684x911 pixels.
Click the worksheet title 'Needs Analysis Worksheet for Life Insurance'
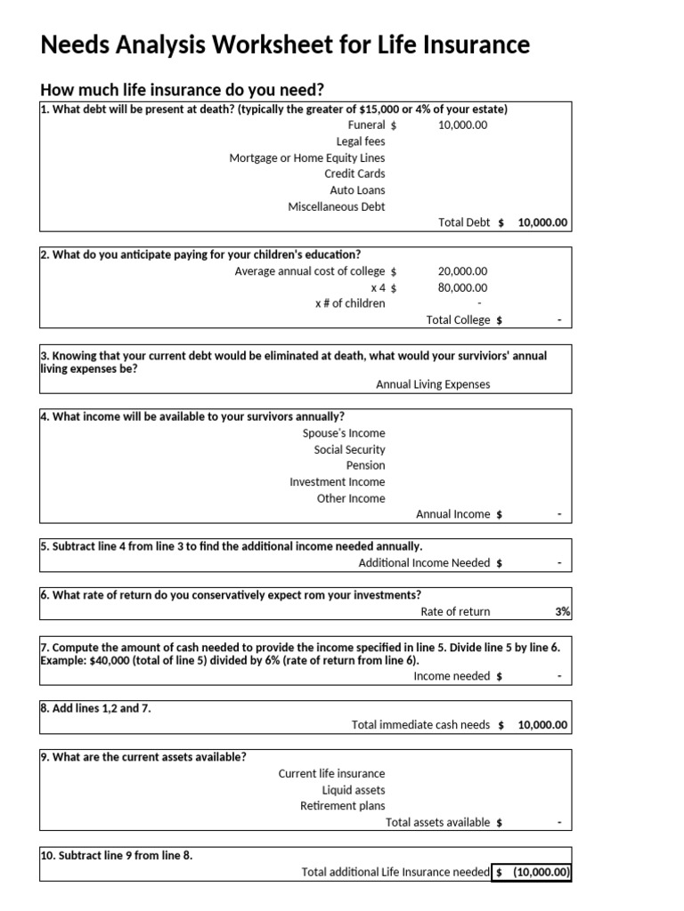285,44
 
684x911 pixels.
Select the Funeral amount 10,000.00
462,125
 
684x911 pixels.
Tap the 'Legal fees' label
361,141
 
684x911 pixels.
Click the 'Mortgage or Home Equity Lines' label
307,158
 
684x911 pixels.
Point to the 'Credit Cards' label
354,174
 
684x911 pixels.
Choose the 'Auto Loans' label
357,190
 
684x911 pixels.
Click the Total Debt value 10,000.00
542,223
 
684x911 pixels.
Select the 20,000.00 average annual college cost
462,271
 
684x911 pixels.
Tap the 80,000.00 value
462,287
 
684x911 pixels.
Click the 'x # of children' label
350,303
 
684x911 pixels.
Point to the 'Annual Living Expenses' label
433,385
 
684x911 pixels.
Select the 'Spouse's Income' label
344,433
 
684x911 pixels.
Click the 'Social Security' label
349,450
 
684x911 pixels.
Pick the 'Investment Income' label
338,482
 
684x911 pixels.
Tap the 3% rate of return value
562,612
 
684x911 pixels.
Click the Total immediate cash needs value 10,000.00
542,725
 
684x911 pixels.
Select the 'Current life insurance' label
331,774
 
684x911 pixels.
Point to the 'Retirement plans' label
343,806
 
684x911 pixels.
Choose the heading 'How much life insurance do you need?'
183,90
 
